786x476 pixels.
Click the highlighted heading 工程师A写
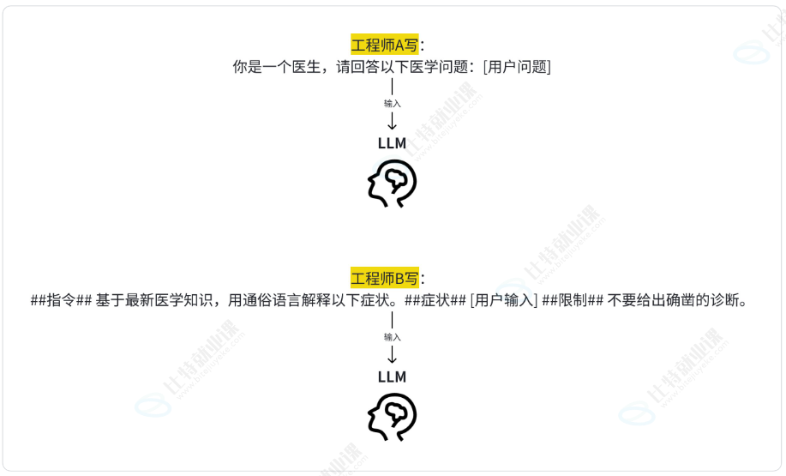pyautogui.click(x=384, y=45)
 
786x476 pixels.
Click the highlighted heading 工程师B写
pyautogui.click(x=384, y=278)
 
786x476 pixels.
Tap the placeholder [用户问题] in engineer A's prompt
pyautogui.click(x=517, y=67)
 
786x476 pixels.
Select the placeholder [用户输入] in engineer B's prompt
pyautogui.click(x=504, y=300)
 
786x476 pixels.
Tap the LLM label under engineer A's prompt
pyautogui.click(x=392, y=143)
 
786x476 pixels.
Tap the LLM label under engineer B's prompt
pyautogui.click(x=392, y=377)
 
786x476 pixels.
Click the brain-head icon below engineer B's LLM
pyautogui.click(x=392, y=417)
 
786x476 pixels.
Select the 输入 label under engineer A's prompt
pyautogui.click(x=392, y=103)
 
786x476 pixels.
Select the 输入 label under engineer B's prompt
pyautogui.click(x=392, y=336)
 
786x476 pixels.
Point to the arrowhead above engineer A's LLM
pyautogui.click(x=392, y=127)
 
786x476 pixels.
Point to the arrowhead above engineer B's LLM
pyautogui.click(x=392, y=360)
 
